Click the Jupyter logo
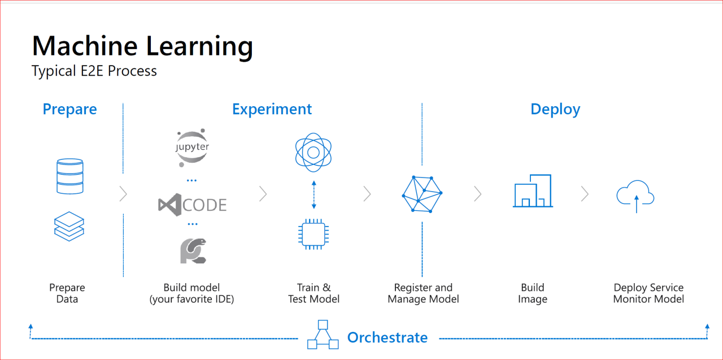[x=193, y=148]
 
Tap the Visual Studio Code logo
[x=193, y=203]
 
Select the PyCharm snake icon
[x=193, y=251]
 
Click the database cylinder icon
[x=69, y=176]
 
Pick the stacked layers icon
[x=69, y=227]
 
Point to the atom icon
[x=313, y=151]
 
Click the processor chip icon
[x=313, y=233]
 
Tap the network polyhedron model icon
[x=422, y=193]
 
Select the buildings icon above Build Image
[x=532, y=191]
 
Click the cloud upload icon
[x=635, y=196]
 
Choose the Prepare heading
[x=69, y=109]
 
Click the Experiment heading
[x=272, y=109]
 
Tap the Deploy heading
[x=555, y=109]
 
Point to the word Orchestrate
[x=387, y=337]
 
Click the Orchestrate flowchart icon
[x=323, y=335]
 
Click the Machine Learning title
[x=142, y=46]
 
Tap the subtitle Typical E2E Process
[x=94, y=71]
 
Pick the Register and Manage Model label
[x=423, y=293]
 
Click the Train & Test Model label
[x=313, y=293]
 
